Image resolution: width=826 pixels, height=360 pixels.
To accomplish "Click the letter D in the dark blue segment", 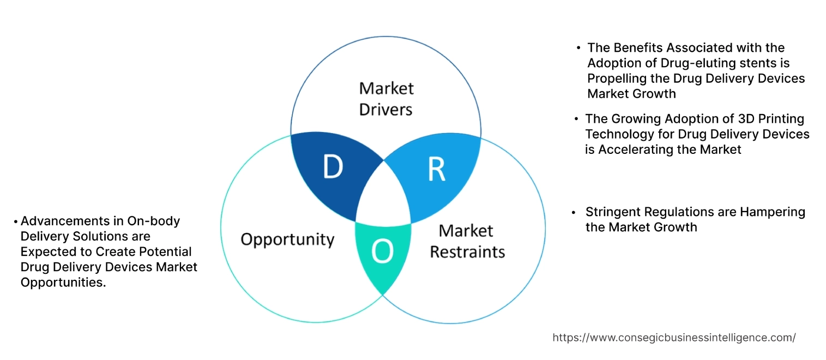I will coord(333,167).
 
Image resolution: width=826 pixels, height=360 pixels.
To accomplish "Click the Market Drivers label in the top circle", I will coord(386,99).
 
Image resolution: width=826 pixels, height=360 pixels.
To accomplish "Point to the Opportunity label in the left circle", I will coord(287,239).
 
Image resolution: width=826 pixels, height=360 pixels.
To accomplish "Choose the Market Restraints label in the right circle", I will coord(467,241).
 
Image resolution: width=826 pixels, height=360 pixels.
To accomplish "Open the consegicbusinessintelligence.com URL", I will coord(674,338).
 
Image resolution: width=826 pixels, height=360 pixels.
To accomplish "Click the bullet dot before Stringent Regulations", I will coord(574,212).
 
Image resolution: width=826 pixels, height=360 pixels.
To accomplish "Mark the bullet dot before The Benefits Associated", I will coord(578,49).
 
